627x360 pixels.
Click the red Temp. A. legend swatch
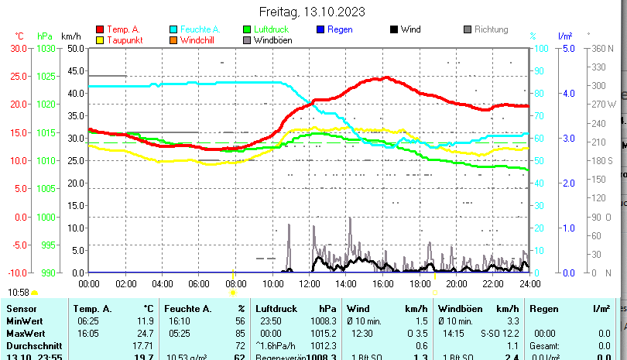[99, 29]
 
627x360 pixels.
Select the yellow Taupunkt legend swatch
[99, 39]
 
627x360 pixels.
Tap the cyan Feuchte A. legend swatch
[173, 29]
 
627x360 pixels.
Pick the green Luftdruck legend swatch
[247, 29]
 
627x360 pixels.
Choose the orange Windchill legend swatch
[173, 39]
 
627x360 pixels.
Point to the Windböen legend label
[272, 40]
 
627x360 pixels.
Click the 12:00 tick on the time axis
[309, 284]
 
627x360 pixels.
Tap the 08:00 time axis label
[235, 284]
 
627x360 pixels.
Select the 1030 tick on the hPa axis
[46, 48]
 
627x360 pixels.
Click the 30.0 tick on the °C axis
[17, 48]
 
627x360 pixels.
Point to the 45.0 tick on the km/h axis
[76, 70]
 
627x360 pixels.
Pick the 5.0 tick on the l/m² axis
[567, 48]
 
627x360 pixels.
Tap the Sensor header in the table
[22, 308]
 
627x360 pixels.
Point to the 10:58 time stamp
[19, 293]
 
